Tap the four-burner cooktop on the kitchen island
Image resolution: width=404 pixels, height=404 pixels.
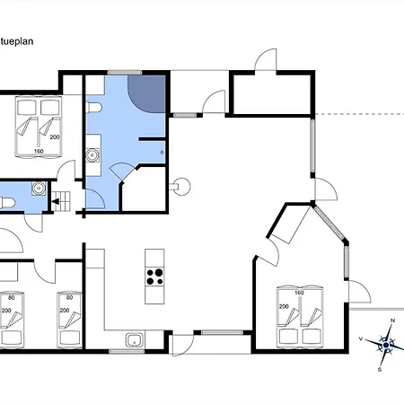(154, 277)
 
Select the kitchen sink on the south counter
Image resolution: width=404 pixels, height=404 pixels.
(135, 340)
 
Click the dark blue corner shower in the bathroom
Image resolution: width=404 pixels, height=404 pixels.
(146, 94)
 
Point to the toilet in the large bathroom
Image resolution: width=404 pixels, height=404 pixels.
(93, 108)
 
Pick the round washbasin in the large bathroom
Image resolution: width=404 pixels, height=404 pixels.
(92, 155)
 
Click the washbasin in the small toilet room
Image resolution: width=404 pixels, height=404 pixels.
(39, 189)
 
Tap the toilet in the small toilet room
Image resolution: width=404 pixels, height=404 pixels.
(7, 203)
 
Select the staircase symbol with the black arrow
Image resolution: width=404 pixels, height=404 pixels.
(62, 201)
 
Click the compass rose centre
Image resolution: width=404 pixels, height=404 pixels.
(386, 345)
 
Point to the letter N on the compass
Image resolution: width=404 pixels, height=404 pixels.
(393, 321)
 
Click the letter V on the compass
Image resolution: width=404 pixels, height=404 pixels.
(361, 338)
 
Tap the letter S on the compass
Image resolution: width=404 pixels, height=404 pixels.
(380, 370)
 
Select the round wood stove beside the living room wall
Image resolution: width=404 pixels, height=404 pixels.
(181, 187)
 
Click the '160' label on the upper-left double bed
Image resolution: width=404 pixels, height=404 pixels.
(39, 152)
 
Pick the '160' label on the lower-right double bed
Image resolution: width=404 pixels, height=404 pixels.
(299, 293)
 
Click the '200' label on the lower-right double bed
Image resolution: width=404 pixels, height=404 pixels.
(284, 306)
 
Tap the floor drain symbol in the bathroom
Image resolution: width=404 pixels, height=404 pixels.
(162, 153)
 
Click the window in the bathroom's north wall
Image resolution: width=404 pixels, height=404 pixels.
(125, 73)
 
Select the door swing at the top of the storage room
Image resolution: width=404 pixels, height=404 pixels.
(266, 60)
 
